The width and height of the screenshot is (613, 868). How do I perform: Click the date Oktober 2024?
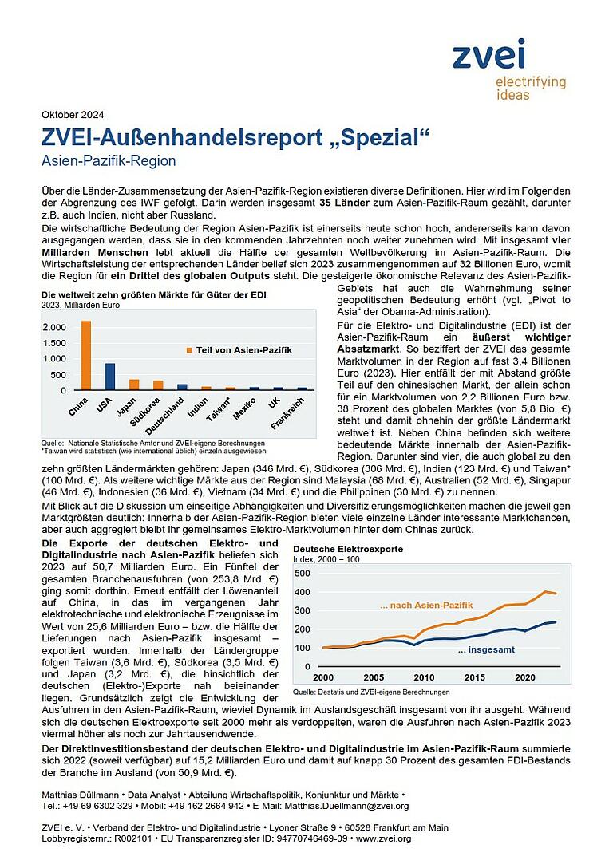(x=73, y=114)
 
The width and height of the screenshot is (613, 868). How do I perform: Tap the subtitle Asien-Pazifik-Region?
(x=108, y=160)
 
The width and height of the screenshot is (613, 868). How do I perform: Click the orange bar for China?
(x=85, y=356)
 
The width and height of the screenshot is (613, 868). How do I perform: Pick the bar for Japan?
(x=134, y=385)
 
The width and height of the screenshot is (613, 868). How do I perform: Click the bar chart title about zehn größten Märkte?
(x=153, y=294)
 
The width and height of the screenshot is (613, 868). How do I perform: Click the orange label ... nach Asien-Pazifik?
(x=426, y=606)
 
